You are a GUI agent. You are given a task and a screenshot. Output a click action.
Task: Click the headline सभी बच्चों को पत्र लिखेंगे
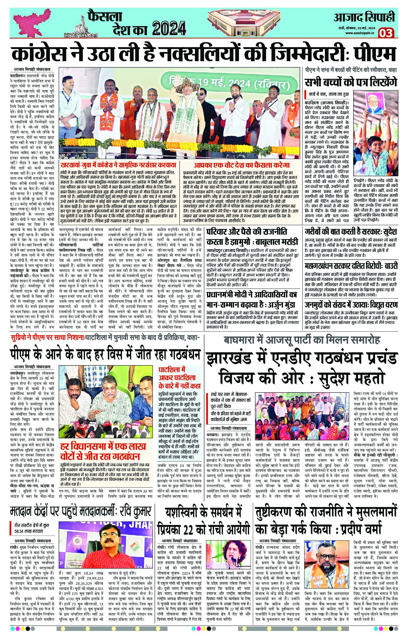350,83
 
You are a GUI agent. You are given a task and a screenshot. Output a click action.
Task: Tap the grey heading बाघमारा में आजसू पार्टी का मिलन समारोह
302,340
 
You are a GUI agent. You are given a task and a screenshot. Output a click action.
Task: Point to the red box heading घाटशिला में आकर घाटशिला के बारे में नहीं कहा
180,377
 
